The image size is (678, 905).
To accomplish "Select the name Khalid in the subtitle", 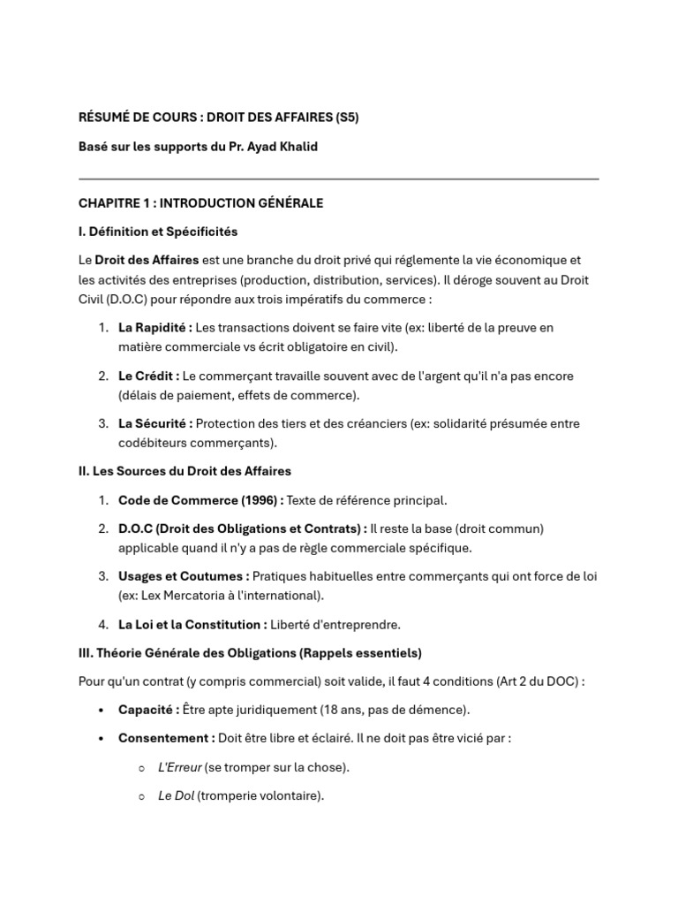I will click(298, 147).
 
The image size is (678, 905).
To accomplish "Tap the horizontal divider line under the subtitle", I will click(338, 179).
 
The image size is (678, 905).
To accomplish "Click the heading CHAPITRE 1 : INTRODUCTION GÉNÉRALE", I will click(200, 203).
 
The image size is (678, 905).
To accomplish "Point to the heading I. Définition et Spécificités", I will click(158, 232).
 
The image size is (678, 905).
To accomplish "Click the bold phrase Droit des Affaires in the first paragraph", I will click(147, 260).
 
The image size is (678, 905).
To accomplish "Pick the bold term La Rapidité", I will click(154, 327).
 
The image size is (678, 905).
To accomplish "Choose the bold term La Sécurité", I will click(155, 423).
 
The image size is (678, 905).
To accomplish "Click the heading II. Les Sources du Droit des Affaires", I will click(185, 471).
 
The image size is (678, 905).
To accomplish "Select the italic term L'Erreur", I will click(180, 767).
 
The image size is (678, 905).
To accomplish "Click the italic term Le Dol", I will click(176, 796).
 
